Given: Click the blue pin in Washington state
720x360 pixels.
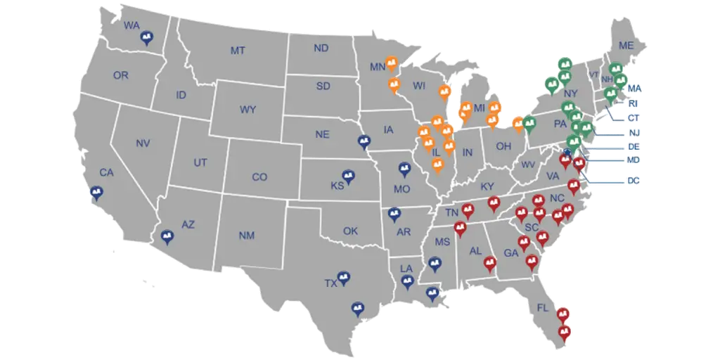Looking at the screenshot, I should (147, 39).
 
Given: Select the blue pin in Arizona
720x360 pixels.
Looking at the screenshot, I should (167, 237).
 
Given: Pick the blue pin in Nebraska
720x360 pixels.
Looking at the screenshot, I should (364, 142).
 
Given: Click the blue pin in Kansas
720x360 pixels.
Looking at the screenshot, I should (347, 176).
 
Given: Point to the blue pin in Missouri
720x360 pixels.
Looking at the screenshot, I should (404, 169).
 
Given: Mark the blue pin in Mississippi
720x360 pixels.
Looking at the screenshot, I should (435, 265).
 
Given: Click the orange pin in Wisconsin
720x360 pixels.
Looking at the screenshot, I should (443, 92).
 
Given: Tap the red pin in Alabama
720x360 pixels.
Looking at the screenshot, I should (491, 264).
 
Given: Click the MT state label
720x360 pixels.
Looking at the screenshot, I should (238, 51).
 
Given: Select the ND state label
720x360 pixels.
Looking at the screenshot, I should (321, 49).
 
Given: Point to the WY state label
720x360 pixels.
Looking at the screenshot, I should (247, 110).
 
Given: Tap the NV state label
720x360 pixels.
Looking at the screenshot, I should (143, 143).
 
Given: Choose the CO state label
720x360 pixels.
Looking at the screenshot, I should (259, 177).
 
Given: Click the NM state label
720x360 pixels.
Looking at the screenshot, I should (246, 236).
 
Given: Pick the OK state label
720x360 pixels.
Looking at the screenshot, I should (351, 231).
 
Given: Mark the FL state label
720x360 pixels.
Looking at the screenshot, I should (543, 308).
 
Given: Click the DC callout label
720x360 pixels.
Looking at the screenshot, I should (634, 181).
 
